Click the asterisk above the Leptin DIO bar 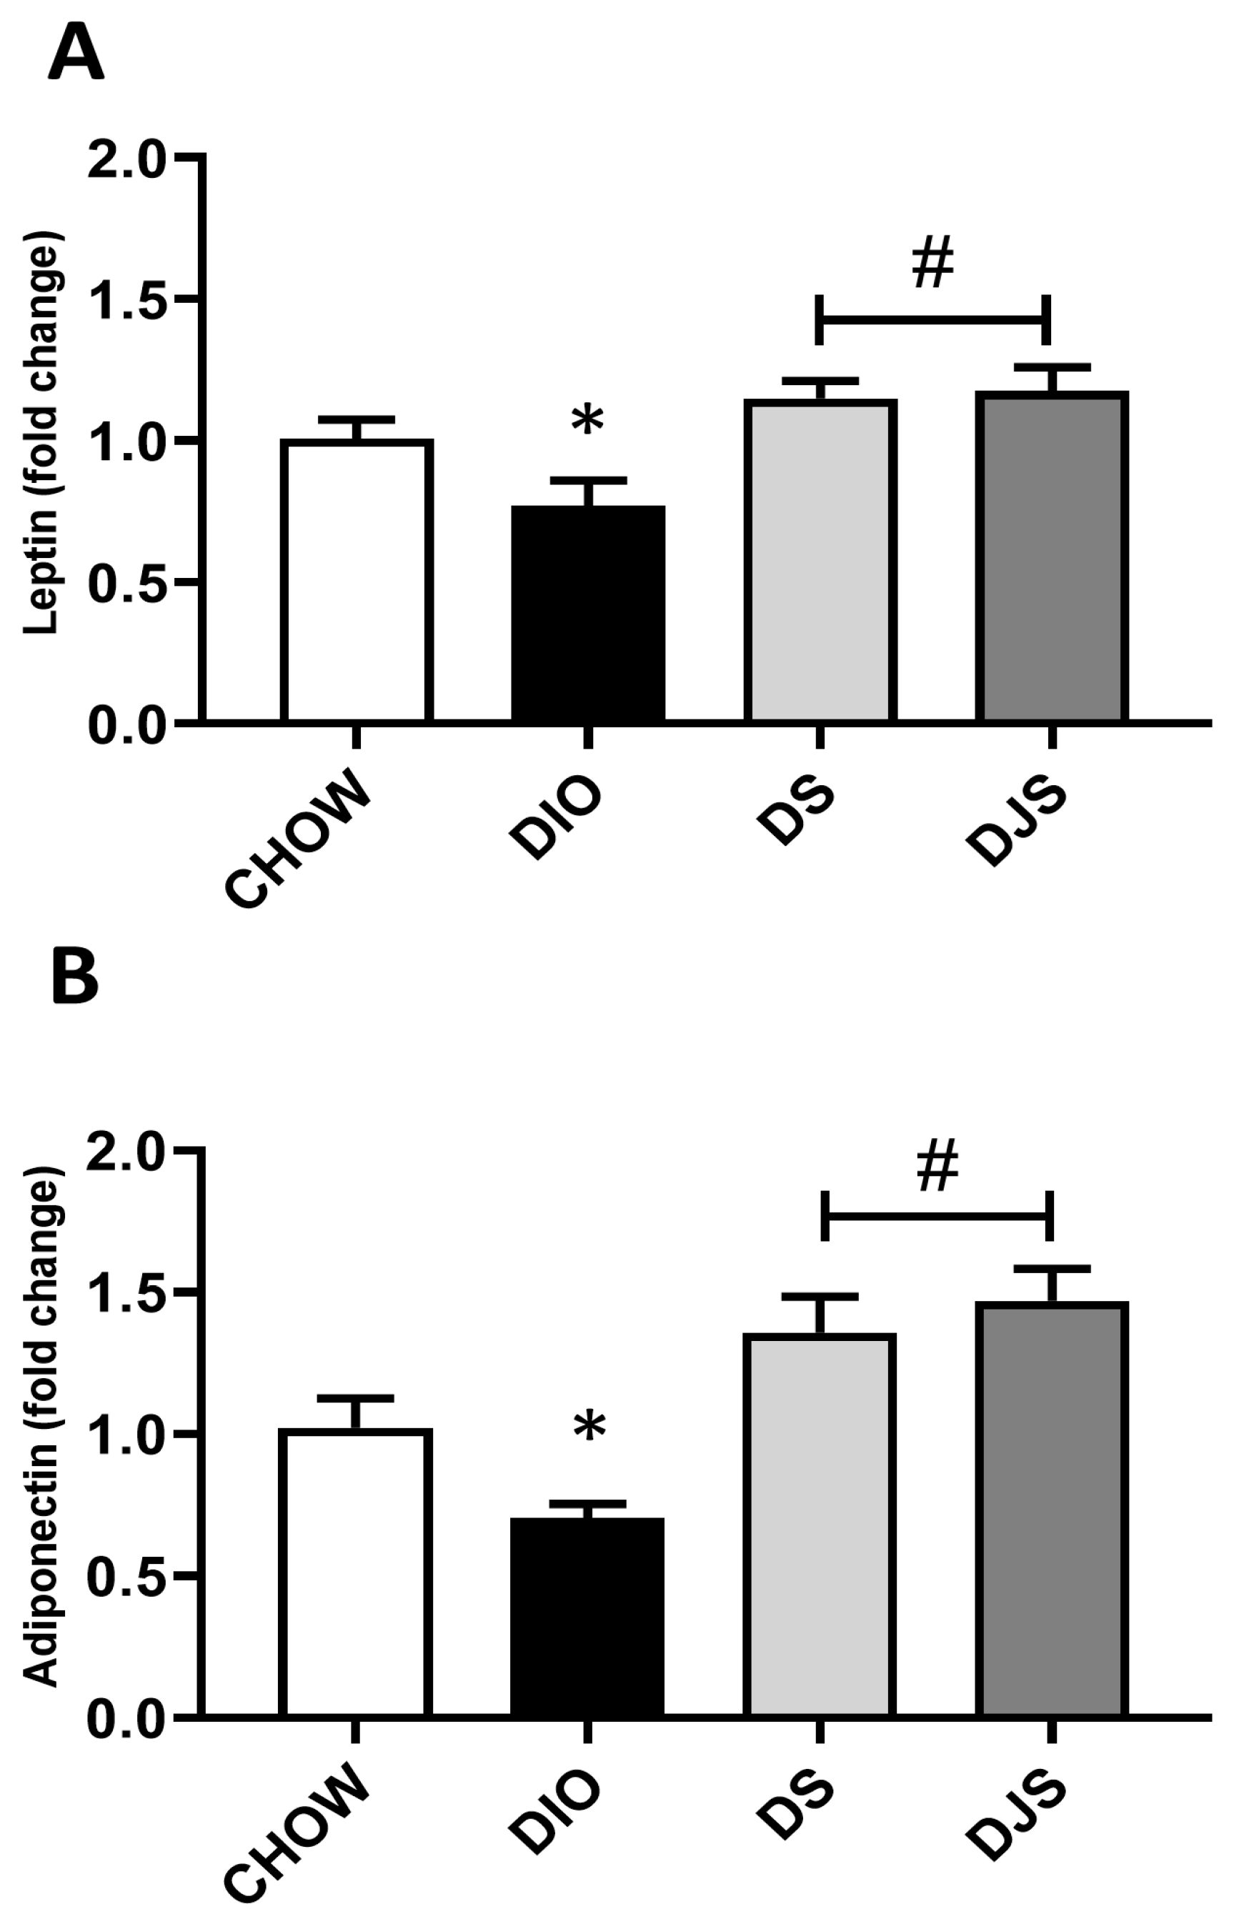pyautogui.click(x=588, y=421)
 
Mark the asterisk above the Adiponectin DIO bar pyautogui.click(x=589, y=1429)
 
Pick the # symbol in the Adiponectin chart pyautogui.click(x=937, y=1167)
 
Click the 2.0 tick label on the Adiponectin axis pyautogui.click(x=129, y=1152)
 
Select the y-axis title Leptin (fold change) pyautogui.click(x=42, y=434)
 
